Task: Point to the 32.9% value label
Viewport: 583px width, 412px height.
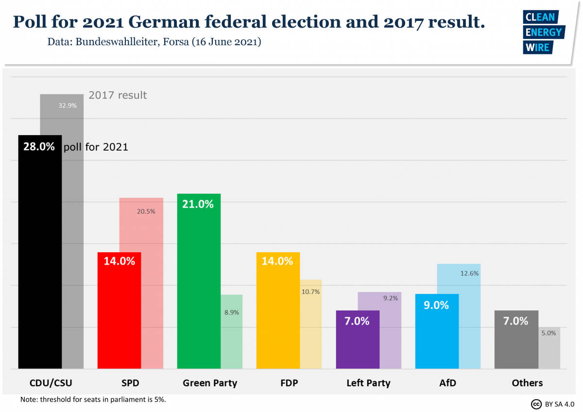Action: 68,105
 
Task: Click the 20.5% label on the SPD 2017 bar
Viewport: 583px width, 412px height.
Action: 146,211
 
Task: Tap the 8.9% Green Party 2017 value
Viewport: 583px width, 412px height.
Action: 231,312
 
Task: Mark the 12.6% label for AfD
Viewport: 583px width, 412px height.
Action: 469,273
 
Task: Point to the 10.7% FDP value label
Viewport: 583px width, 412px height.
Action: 310,292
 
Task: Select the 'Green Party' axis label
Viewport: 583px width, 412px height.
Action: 210,383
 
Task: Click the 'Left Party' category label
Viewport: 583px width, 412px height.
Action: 368,383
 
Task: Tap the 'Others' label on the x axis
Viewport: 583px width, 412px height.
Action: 527,383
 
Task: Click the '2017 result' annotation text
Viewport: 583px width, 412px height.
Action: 118,95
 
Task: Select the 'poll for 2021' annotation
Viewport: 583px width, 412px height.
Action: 96,147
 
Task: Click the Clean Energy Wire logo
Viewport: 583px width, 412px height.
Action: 543,32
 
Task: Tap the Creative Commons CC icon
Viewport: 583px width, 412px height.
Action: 536,404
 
